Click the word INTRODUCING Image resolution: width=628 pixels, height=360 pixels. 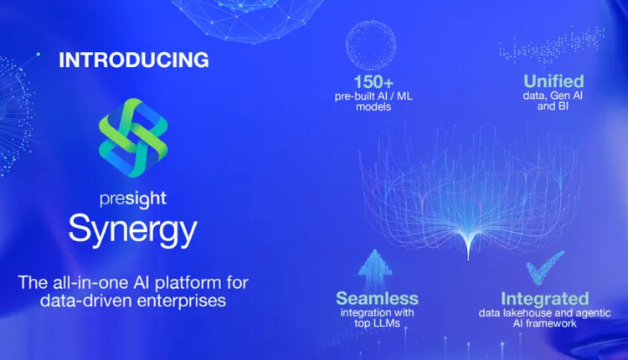click(132, 60)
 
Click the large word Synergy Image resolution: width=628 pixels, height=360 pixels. click(133, 229)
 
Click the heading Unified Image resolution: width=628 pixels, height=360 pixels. click(553, 82)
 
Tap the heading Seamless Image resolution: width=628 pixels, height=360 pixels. click(377, 298)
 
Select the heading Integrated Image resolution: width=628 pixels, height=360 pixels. click(545, 298)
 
